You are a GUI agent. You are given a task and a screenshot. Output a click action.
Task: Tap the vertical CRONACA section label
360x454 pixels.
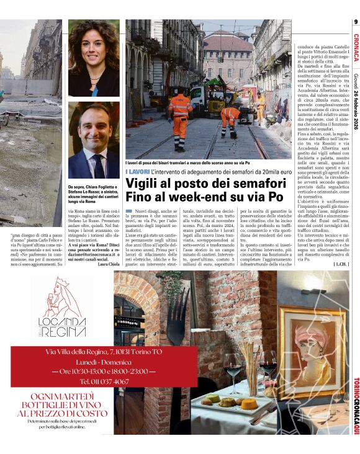click(355, 48)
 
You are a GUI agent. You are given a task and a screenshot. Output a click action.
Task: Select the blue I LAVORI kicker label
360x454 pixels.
click(137, 171)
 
